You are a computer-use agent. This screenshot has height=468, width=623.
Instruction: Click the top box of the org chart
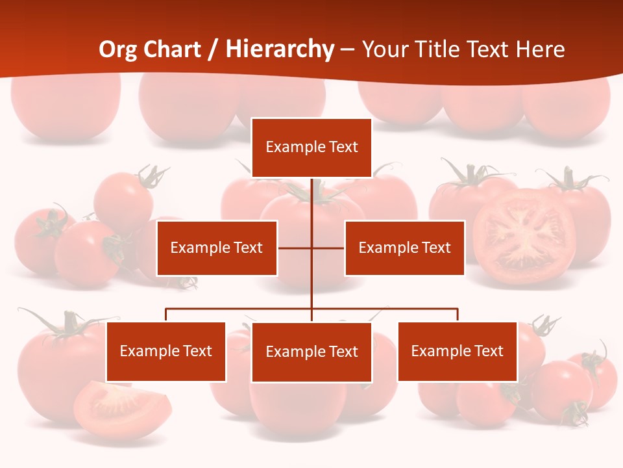[311, 148]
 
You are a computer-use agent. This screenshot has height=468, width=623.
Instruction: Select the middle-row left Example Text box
[217, 248]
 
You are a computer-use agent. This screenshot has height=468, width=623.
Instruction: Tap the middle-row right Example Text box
[404, 248]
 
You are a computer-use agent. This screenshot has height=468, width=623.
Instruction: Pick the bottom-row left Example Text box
[166, 351]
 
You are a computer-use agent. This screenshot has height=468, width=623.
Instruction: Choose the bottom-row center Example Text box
[311, 352]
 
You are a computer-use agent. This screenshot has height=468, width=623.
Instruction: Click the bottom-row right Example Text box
[458, 351]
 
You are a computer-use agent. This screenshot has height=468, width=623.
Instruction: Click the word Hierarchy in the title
[280, 49]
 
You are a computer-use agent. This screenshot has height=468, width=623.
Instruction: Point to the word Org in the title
[118, 49]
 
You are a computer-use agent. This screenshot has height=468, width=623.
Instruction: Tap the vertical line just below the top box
[311, 195]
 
